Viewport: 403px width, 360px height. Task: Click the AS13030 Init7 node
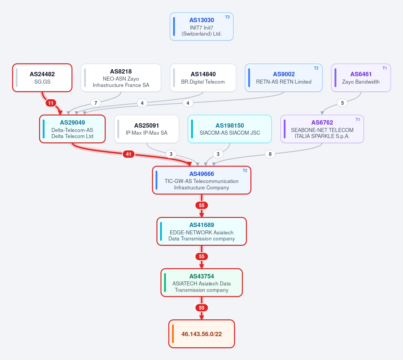pos(202,27)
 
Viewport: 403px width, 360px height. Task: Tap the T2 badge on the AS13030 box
pos(228,17)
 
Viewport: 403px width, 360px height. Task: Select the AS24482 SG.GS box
pos(42,78)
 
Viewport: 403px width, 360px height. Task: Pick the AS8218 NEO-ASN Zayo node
pos(121,78)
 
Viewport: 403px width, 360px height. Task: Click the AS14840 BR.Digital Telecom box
pos(203,78)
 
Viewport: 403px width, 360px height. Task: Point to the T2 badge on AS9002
pos(316,68)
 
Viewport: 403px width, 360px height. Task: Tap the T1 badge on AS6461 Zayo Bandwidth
pos(385,68)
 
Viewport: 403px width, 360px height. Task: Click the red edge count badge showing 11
pos(51,103)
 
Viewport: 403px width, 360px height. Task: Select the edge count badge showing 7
pos(95,103)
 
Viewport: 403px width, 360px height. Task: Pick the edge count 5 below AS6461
pos(342,103)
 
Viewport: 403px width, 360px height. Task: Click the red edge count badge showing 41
pos(128,154)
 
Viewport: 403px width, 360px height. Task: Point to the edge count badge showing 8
pos(270,154)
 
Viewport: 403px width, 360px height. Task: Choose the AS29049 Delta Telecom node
pos(72,129)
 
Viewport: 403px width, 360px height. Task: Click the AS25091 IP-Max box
pos(147,129)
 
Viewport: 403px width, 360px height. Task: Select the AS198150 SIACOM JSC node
pos(230,129)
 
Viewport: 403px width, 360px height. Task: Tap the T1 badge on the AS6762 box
pos(358,120)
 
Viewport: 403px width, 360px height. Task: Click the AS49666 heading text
pos(202,174)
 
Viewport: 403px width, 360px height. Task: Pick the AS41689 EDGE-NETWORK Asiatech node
pos(202,231)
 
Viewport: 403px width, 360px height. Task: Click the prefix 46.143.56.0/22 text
pos(202,334)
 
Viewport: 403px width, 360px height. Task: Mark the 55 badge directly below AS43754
pos(202,308)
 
